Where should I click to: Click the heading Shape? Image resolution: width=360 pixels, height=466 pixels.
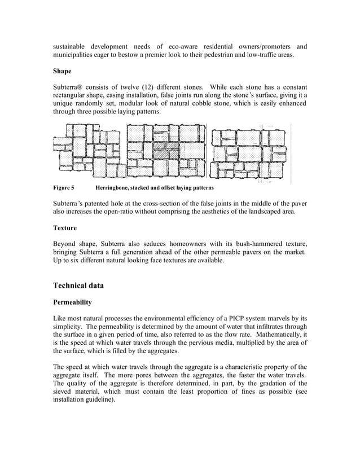[63, 72]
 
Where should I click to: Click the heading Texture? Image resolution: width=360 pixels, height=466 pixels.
[65, 228]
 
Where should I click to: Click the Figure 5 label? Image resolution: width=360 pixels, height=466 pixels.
[64, 187]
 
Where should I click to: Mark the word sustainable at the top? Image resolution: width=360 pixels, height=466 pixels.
[71, 46]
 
